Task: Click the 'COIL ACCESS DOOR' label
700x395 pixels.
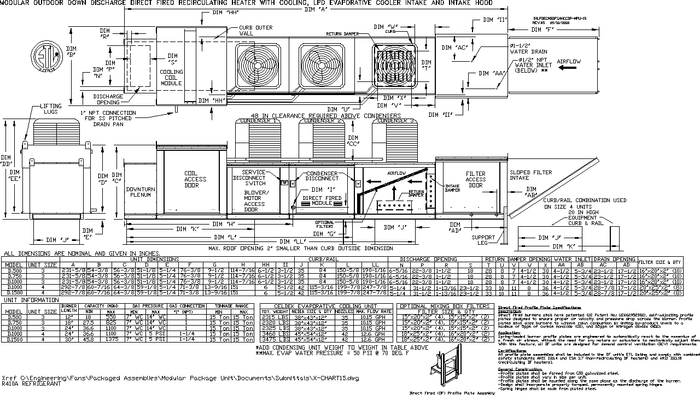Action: pos(195,179)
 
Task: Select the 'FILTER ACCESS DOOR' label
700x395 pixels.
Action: pos(475,179)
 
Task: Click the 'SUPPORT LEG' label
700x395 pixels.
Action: pos(483,240)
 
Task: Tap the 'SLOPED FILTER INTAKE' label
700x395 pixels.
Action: pos(527,175)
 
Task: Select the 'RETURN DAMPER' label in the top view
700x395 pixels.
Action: pos(342,34)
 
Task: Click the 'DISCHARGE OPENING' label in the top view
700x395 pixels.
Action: pos(108,99)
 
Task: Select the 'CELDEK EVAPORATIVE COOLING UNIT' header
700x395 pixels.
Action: pos(326,306)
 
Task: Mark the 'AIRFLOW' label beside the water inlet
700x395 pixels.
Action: pos(569,62)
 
